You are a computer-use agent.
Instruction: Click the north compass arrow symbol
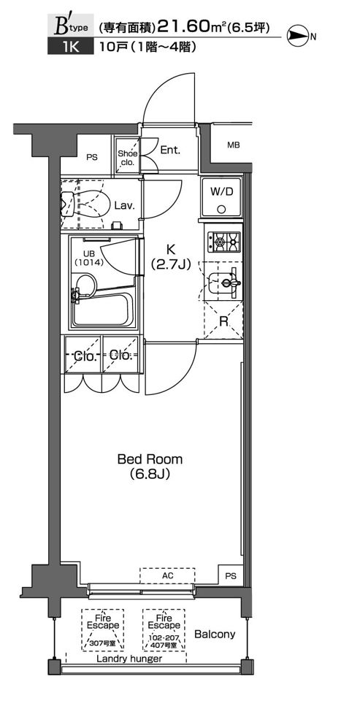coord(298,37)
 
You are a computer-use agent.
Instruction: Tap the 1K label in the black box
coord(71,47)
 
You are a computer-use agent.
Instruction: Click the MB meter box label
coord(233,145)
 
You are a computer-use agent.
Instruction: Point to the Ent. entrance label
coord(170,150)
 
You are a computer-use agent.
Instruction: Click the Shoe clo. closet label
coord(128,158)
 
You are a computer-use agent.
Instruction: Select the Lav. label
coord(124,206)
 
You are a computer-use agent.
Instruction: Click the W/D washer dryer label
coord(222,192)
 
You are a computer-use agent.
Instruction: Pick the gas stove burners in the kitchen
coord(223,242)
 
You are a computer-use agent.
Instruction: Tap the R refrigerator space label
coord(223,321)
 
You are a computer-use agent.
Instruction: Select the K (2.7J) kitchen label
coord(171,258)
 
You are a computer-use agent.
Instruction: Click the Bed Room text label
coord(150,459)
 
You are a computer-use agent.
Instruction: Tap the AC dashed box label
coord(167,575)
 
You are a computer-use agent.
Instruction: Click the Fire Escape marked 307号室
coord(103,630)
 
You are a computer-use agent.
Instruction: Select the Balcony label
coord(215,634)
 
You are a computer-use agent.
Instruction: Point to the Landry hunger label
coord(129,659)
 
